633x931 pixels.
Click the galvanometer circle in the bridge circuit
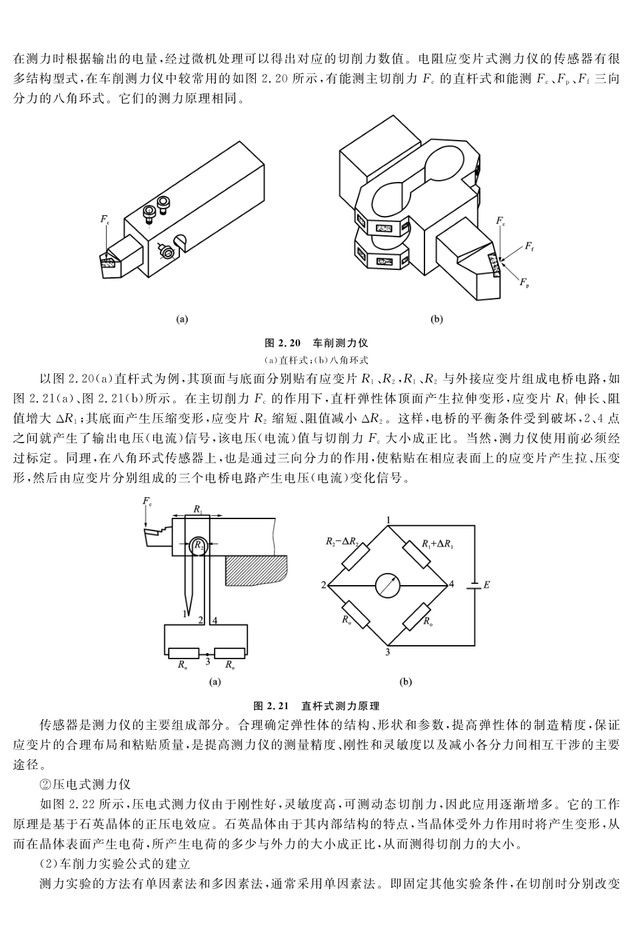[x=388, y=586]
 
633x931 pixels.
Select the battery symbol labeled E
[x=474, y=585]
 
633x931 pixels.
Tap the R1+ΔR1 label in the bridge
[x=438, y=544]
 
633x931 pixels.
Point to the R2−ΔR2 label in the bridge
[x=342, y=541]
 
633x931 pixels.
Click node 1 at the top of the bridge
[x=388, y=519]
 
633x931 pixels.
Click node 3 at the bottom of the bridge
[x=388, y=652]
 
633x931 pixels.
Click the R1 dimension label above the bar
[x=198, y=508]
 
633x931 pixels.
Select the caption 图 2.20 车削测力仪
[x=316, y=343]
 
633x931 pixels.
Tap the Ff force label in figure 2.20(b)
[x=528, y=247]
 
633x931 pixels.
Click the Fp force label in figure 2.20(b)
[x=524, y=283]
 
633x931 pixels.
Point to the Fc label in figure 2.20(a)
[x=105, y=219]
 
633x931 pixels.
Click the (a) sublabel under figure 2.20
[x=182, y=319]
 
